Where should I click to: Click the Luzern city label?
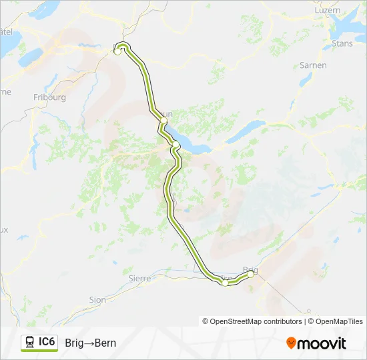point(328,11)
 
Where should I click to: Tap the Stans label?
point(342,44)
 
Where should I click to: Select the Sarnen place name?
point(314,65)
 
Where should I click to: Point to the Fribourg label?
point(49,97)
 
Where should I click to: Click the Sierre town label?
point(140,277)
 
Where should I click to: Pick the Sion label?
point(97,300)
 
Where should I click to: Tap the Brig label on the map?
point(251,269)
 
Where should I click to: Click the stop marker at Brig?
point(251,274)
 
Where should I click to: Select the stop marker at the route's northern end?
point(118,51)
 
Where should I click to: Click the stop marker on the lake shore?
point(175,144)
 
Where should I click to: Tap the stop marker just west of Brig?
point(226,283)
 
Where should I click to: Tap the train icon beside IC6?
point(30,343)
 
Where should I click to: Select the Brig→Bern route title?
point(91,343)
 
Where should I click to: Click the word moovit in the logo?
point(322,343)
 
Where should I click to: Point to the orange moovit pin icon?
point(291,343)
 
